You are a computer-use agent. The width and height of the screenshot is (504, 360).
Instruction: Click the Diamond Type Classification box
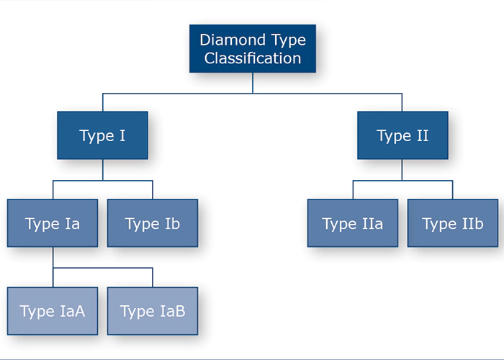pyautogui.click(x=253, y=48)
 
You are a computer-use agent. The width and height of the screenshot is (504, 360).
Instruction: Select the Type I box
pyautogui.click(x=102, y=135)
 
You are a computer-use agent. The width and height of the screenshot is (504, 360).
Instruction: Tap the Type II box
pyautogui.click(x=402, y=135)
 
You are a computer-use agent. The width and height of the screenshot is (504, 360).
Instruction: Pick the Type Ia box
pyautogui.click(x=53, y=223)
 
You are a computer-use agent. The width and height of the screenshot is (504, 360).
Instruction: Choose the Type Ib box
pyautogui.click(x=153, y=223)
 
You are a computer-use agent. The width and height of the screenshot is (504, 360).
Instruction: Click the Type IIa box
pyautogui.click(x=353, y=223)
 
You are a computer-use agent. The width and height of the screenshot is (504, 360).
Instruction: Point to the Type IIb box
pyautogui.click(x=453, y=223)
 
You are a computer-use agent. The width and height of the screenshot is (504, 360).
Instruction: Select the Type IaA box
pyautogui.click(x=53, y=311)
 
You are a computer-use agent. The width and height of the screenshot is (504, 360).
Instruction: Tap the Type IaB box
pyautogui.click(x=153, y=311)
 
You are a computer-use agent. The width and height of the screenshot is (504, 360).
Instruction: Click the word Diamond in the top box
pyautogui.click(x=233, y=40)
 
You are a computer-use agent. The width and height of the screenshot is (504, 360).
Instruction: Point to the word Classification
pyautogui.click(x=253, y=58)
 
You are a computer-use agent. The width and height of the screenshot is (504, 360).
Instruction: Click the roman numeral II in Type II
pyautogui.click(x=423, y=135)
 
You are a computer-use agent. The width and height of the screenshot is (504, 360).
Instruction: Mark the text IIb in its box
pyautogui.click(x=472, y=223)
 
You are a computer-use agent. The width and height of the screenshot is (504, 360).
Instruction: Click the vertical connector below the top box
pyautogui.click(x=253, y=83)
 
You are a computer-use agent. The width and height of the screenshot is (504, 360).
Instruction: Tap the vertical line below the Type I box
pyautogui.click(x=103, y=170)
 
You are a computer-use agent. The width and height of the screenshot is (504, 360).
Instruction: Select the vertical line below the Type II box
pyautogui.click(x=402, y=170)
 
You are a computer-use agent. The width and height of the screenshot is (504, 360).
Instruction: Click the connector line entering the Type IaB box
pyautogui.click(x=153, y=277)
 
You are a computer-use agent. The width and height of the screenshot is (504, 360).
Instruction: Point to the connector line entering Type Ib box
pyautogui.click(x=153, y=190)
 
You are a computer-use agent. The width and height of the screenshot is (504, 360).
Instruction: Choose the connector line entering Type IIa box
pyautogui.click(x=353, y=190)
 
